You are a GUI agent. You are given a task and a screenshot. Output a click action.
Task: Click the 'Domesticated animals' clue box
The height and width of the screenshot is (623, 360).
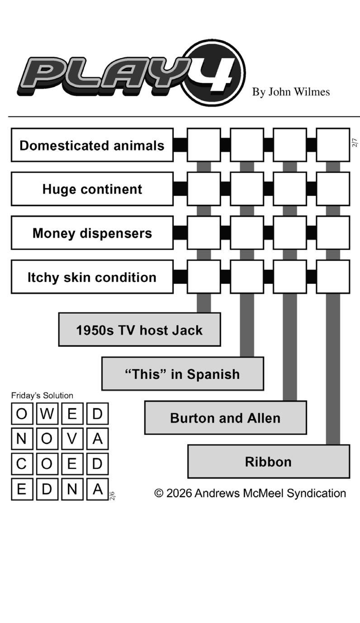(x=92, y=145)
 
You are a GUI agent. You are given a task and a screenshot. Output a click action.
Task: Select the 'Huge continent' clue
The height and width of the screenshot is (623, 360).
(x=92, y=189)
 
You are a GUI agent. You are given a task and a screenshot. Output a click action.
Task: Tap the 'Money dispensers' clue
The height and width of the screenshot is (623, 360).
(x=92, y=233)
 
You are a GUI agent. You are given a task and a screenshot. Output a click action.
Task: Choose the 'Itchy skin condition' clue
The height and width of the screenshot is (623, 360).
(x=92, y=277)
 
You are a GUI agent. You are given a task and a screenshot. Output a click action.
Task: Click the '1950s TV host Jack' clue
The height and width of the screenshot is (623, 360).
(x=139, y=330)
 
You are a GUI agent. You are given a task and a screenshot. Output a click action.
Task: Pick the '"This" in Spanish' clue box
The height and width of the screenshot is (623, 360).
(x=182, y=374)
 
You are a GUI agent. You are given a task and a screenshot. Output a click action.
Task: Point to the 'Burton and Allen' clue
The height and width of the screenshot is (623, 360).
(x=225, y=418)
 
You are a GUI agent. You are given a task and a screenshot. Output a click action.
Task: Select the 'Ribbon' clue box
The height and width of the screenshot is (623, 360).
(x=268, y=462)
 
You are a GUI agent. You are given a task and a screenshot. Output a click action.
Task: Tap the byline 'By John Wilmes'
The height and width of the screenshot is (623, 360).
(x=291, y=92)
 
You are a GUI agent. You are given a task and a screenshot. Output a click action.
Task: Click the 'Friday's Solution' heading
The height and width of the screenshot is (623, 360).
(x=42, y=396)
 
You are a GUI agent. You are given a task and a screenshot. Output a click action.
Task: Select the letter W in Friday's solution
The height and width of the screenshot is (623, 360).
(x=47, y=414)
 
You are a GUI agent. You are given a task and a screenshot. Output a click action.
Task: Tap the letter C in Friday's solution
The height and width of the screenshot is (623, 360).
(x=22, y=464)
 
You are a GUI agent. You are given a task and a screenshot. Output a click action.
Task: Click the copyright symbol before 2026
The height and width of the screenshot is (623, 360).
(x=159, y=493)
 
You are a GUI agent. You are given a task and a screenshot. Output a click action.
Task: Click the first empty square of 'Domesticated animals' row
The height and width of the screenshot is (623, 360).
(x=204, y=145)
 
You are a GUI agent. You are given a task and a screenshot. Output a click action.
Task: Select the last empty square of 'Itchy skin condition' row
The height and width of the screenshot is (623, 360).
(x=333, y=277)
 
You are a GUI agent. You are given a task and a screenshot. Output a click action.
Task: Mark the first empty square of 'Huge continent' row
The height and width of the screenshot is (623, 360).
(x=204, y=189)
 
